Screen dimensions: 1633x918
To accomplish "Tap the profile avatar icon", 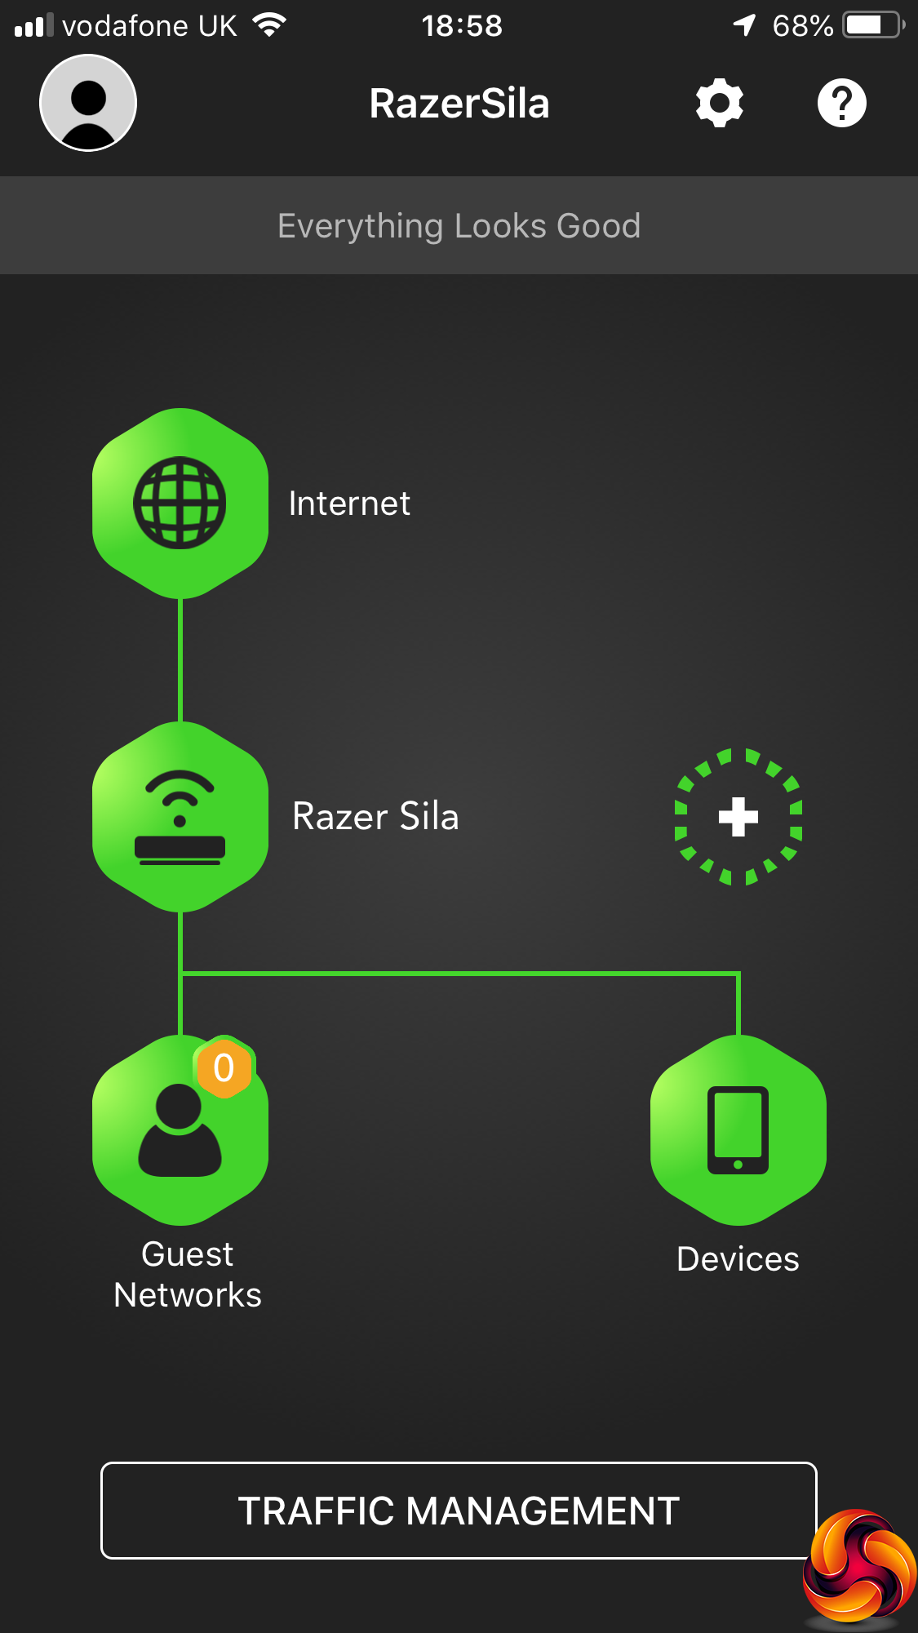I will pos(88,103).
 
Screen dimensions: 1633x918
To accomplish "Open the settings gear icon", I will pos(719,103).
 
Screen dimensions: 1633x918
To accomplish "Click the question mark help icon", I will pos(841,103).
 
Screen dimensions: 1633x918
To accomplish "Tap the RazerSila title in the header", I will pos(459,104).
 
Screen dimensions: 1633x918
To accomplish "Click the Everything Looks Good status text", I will pos(459,226).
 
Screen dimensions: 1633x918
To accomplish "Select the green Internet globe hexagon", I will pos(180,503).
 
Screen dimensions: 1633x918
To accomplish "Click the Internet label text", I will pos(349,504).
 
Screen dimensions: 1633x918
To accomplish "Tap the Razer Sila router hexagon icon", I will pos(180,816).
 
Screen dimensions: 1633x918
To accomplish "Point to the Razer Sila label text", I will pos(375,816).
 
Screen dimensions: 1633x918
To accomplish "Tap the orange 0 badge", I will pos(224,1067).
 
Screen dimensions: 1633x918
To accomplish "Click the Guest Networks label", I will pos(188,1275).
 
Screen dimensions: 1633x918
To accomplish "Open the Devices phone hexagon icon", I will pos(738,1130).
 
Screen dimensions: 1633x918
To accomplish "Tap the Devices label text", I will pos(738,1259).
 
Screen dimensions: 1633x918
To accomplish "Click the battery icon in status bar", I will pos(872,25).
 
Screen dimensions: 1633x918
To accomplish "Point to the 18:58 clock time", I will pos(462,26).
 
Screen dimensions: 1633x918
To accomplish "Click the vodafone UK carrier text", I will pos(149,26).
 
